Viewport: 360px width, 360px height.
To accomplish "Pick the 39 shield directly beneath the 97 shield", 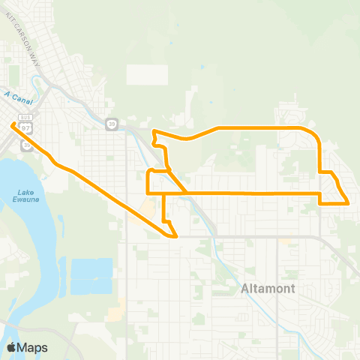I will [27, 144].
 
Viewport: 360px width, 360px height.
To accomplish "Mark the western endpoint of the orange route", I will [13, 125].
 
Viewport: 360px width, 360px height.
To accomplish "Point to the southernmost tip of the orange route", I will [175, 237].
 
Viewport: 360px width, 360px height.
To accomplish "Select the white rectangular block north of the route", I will [147, 74].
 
